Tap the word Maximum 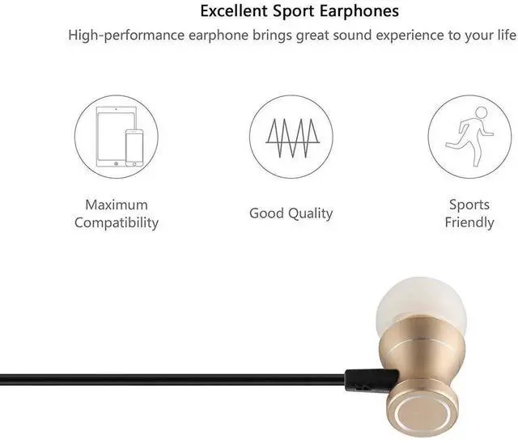[117, 205]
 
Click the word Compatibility [117, 222]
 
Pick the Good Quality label [291, 213]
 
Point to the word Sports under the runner [469, 205]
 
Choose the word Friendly [469, 222]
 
